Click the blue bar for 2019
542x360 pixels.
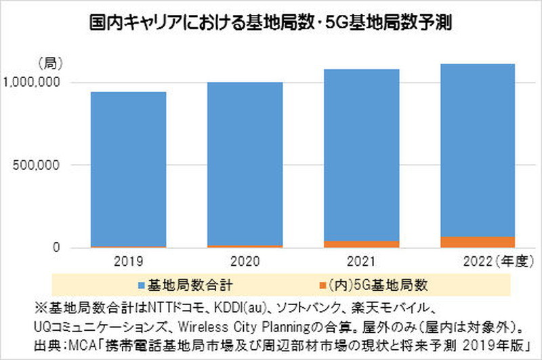128,169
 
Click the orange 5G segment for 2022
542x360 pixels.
476,242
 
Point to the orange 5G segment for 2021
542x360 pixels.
360,244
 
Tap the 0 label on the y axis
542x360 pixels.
57,248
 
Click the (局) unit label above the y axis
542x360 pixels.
51,64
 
